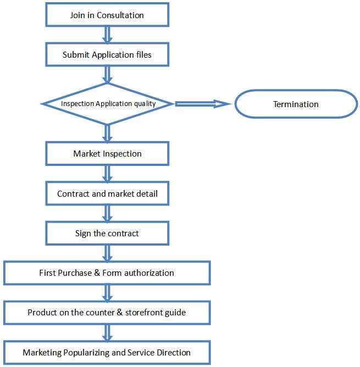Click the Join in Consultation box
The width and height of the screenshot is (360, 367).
(107, 14)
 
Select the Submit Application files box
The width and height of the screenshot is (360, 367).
(107, 54)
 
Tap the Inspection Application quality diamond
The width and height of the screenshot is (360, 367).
(107, 104)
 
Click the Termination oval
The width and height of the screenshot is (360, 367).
(296, 104)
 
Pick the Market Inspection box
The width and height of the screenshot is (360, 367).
(107, 153)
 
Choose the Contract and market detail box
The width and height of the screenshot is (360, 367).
(107, 193)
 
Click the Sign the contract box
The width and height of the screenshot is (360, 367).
(107, 233)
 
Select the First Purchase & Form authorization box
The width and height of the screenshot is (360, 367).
(107, 273)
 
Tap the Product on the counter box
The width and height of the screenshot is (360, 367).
(107, 313)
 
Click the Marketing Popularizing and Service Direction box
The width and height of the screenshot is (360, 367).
(107, 353)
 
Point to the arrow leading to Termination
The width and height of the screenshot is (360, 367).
(203, 104)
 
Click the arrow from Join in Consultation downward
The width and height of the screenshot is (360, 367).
(107, 35)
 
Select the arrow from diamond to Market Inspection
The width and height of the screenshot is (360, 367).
(107, 134)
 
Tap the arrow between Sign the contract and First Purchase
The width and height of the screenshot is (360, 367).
(107, 253)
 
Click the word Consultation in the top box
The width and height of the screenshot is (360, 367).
(120, 15)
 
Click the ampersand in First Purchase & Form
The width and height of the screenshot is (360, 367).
(97, 273)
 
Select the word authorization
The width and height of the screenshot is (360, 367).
(149, 273)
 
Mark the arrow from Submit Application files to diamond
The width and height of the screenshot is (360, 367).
(107, 75)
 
